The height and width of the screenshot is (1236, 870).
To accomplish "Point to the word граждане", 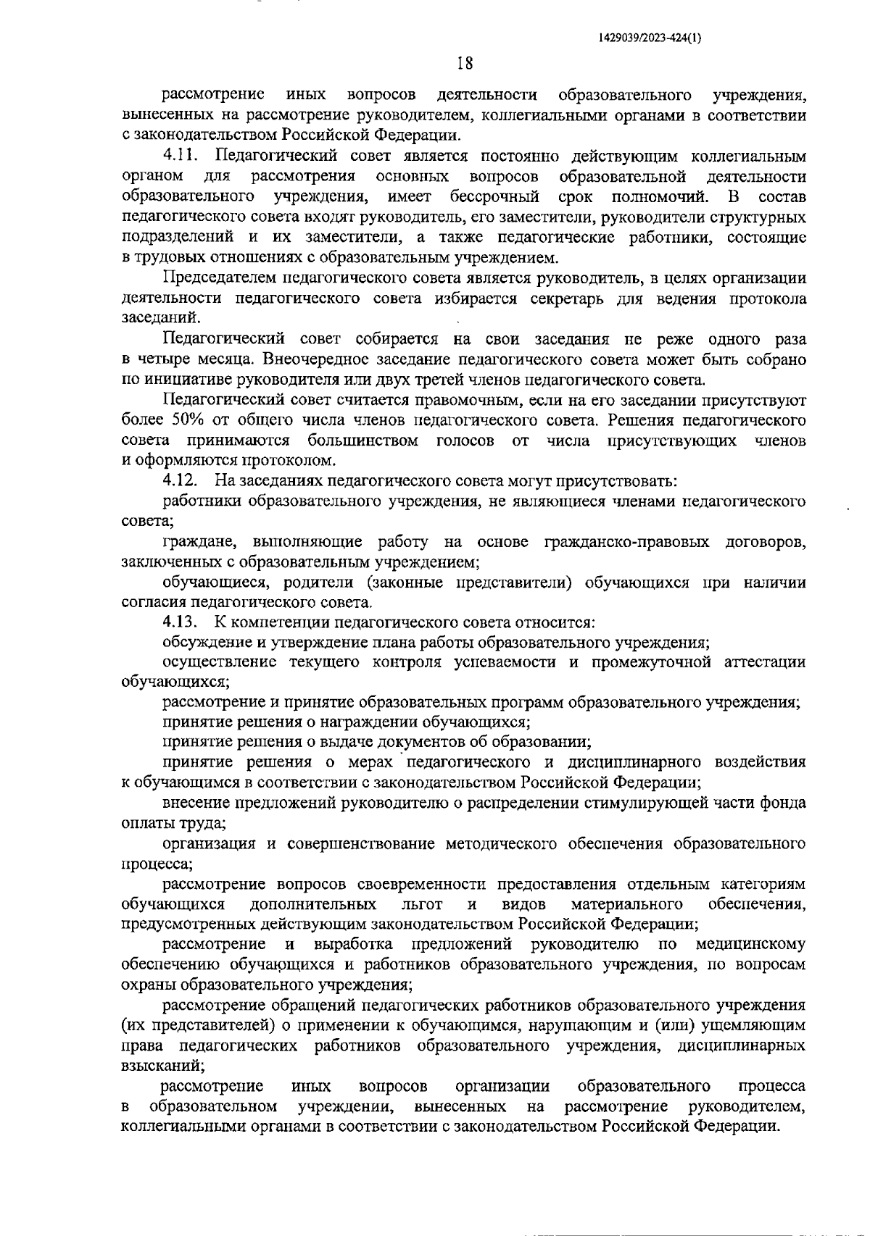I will pyautogui.click(x=198, y=541).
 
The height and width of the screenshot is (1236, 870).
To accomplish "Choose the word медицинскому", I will pyautogui.click(x=751, y=944).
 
